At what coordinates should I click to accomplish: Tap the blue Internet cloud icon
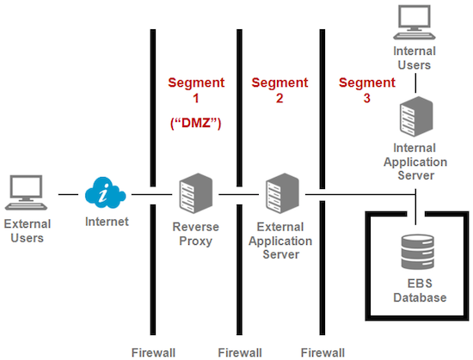click(x=104, y=195)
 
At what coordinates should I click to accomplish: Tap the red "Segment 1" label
click(x=194, y=91)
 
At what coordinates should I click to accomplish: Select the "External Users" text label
click(x=27, y=230)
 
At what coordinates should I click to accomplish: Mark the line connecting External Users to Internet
click(x=68, y=195)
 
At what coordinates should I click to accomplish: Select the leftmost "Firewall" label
click(x=152, y=351)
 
